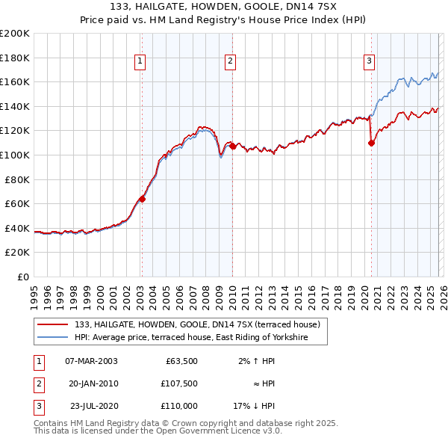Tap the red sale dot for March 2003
pos(142,199)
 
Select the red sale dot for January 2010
pos(232,147)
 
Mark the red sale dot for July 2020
pos(371,144)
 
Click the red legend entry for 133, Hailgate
pos(197,324)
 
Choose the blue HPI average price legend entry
pos(201,338)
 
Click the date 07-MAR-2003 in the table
pos(91,361)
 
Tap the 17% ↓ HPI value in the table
pos(254,406)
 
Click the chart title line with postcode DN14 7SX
pos(224,7)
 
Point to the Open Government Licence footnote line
pos(158,431)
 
